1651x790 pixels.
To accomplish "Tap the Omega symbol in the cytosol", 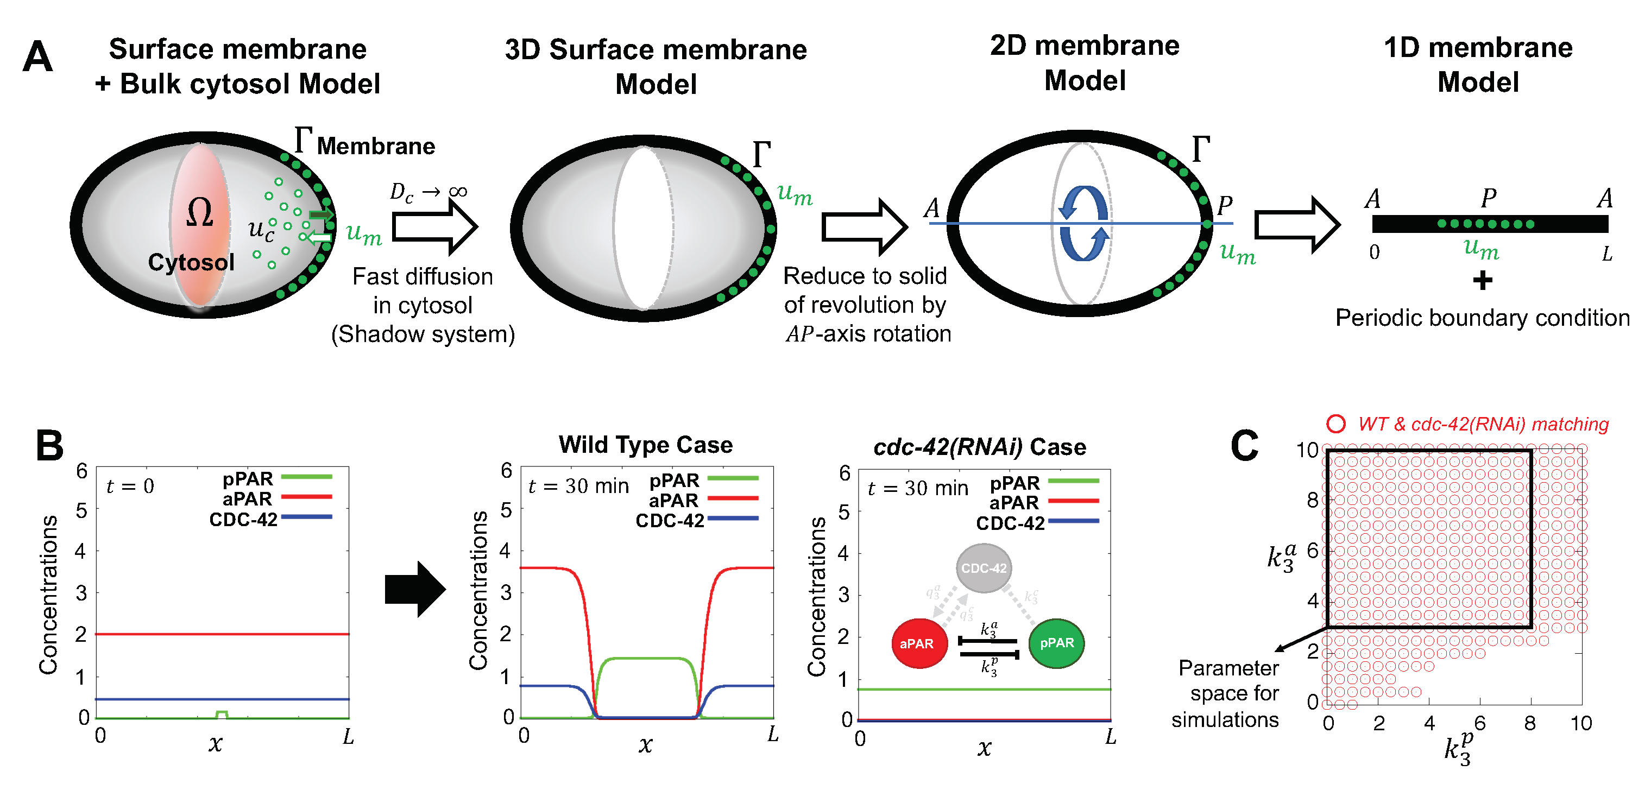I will [x=199, y=213].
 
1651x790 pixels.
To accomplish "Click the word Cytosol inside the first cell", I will [x=191, y=262].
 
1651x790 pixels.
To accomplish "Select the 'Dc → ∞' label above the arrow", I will [x=428, y=192].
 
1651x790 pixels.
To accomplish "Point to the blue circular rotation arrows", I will [x=1083, y=223].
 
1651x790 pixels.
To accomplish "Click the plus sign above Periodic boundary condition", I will [x=1482, y=280].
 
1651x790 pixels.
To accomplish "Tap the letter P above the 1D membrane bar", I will [x=1488, y=198].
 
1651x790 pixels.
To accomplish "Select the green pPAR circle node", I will [x=1056, y=643].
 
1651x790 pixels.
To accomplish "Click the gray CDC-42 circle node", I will [x=984, y=568].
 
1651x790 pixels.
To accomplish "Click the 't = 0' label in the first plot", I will [x=130, y=486].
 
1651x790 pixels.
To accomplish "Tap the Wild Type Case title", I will [x=645, y=445].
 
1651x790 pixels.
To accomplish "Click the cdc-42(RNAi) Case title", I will [x=979, y=446].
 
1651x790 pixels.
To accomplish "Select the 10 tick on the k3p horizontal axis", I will [x=1581, y=723].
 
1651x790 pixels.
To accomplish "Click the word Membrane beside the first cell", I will [x=376, y=146].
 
